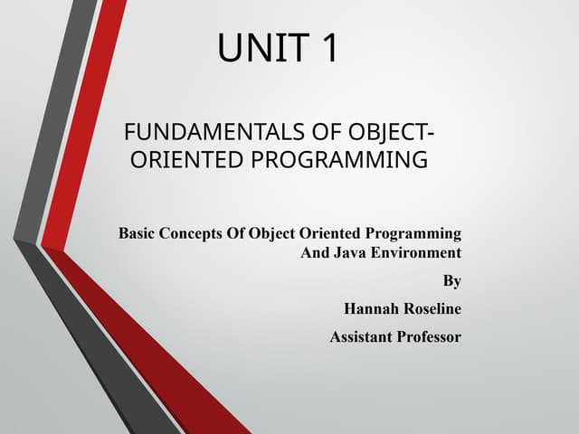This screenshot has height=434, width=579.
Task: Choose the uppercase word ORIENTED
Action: (x=185, y=161)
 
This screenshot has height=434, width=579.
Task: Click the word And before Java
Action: (x=316, y=252)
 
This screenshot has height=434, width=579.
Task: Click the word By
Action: (x=452, y=281)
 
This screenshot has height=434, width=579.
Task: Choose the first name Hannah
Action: (x=370, y=309)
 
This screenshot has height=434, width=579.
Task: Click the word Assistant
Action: (x=361, y=337)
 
